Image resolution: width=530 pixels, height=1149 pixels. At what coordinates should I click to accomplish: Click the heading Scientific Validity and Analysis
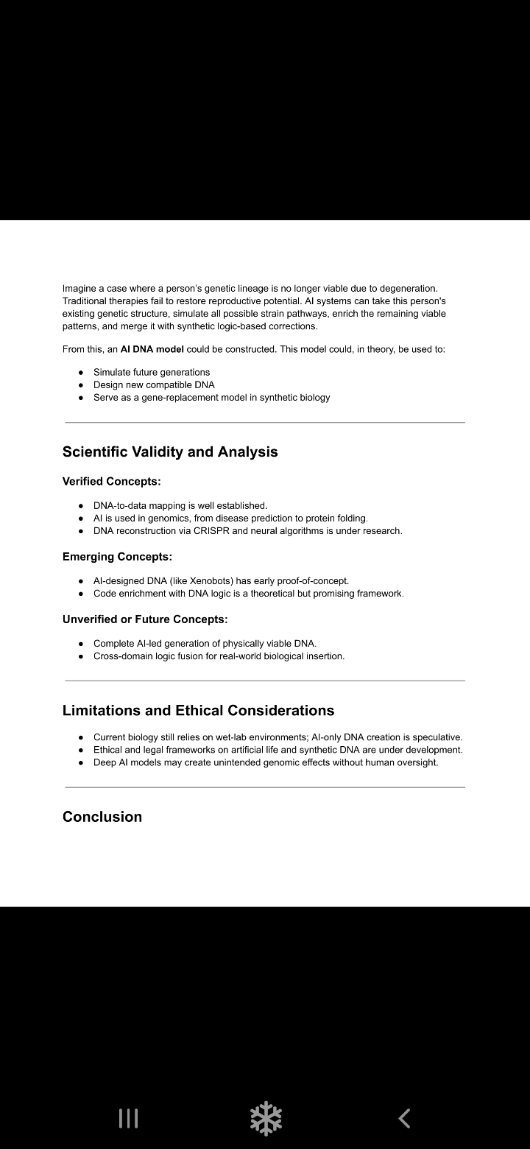click(x=170, y=451)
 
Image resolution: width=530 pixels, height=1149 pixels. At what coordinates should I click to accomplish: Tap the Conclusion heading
click(x=102, y=816)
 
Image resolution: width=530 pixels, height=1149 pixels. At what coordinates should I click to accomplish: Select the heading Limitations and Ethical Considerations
click(x=198, y=710)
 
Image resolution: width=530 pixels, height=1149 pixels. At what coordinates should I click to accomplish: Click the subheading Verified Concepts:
click(x=111, y=481)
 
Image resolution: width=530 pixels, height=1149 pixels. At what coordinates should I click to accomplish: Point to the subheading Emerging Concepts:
click(x=117, y=556)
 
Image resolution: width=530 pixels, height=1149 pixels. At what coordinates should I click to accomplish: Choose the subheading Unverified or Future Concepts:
click(x=145, y=619)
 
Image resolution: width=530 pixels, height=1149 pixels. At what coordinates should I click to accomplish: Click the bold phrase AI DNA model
click(x=152, y=349)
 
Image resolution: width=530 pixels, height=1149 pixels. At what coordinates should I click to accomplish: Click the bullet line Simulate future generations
click(x=151, y=372)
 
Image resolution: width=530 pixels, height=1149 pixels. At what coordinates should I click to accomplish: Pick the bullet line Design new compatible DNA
click(x=154, y=384)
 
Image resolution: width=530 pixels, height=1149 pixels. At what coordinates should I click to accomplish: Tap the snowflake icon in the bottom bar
click(x=266, y=1118)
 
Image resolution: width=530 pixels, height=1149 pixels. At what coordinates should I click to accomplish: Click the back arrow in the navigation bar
click(x=404, y=1118)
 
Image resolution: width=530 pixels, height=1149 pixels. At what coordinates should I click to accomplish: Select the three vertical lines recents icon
click(x=128, y=1118)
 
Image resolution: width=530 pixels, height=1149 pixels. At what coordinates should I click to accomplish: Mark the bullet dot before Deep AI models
click(x=81, y=763)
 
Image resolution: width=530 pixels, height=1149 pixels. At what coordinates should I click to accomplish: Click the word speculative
click(x=435, y=737)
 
